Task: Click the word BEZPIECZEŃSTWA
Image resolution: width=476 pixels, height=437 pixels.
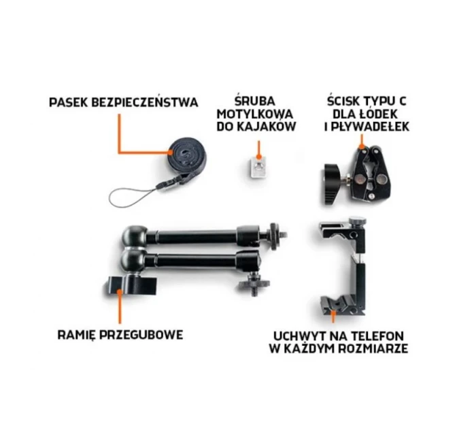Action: [x=146, y=102]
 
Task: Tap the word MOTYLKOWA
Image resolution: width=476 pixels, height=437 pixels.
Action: [x=255, y=114]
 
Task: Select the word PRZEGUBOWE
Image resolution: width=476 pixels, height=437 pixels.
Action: [x=148, y=336]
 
